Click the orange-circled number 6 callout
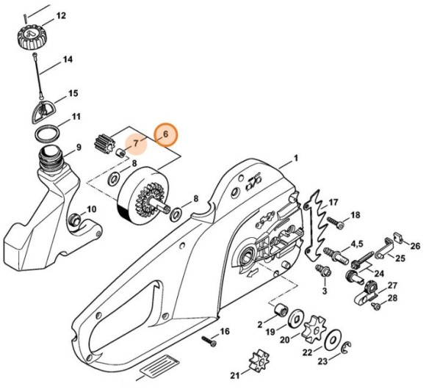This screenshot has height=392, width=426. point(165,134)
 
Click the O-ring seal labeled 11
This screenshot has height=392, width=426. point(48,134)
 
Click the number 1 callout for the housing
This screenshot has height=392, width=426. point(295,158)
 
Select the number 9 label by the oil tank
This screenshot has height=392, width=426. point(79,148)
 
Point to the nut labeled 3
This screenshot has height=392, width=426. point(321,272)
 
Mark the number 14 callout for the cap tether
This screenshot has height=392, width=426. point(68,59)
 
